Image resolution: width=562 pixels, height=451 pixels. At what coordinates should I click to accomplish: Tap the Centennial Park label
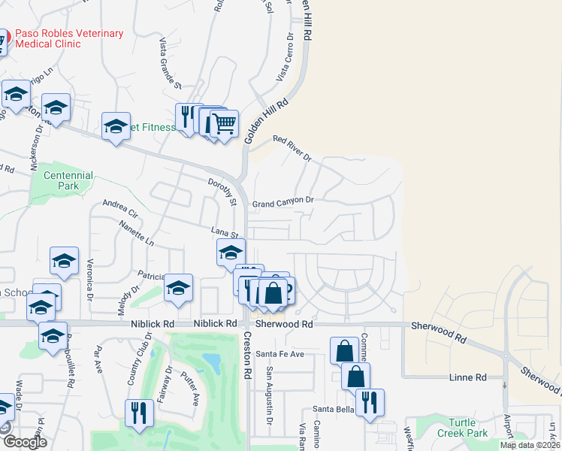(x=68, y=180)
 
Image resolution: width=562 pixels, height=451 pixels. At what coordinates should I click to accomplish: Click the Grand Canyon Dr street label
(x=282, y=202)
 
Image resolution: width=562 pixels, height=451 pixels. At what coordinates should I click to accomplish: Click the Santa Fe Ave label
(x=279, y=353)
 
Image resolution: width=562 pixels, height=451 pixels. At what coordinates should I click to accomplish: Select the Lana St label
(x=224, y=233)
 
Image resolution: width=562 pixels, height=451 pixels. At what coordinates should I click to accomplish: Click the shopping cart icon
(x=224, y=123)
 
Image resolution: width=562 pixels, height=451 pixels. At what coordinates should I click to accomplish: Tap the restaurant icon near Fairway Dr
(x=139, y=413)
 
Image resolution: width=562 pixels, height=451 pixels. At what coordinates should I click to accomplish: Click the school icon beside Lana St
(x=231, y=253)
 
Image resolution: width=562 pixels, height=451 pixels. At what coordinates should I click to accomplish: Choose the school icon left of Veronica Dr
(x=65, y=261)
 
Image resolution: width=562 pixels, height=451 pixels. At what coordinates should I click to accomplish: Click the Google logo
(x=25, y=442)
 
